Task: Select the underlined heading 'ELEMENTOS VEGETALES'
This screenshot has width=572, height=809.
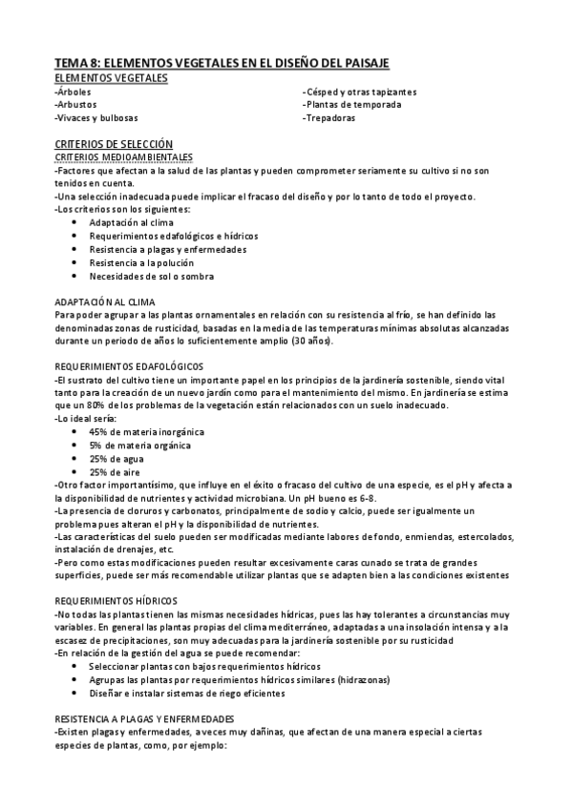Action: pyautogui.click(x=112, y=77)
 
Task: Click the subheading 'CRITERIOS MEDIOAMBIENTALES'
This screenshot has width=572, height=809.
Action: pyautogui.click(x=124, y=156)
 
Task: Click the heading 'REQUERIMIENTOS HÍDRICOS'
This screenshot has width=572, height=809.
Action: pyautogui.click(x=117, y=602)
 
